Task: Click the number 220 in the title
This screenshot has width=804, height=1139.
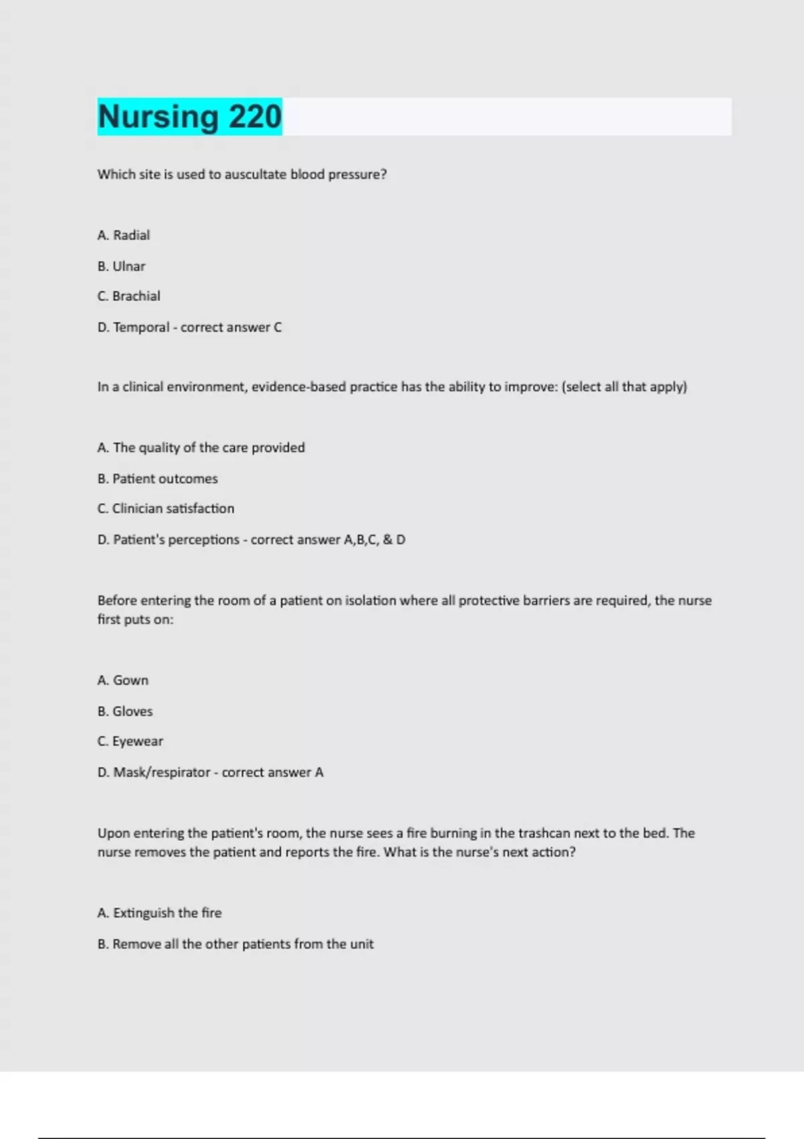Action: [x=255, y=117]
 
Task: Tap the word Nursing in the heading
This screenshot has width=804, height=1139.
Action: [x=158, y=117]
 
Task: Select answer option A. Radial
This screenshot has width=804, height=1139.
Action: [x=124, y=235]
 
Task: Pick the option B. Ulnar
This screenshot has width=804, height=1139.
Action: [x=121, y=266]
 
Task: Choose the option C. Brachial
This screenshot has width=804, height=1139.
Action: [x=129, y=296]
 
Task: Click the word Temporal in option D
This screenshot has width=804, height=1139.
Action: [x=141, y=327]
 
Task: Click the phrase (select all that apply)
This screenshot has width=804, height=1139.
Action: [x=624, y=387]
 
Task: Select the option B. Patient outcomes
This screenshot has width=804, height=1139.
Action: [x=157, y=478]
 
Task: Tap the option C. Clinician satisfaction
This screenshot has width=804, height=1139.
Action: [x=165, y=509]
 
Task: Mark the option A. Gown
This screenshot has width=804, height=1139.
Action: [x=123, y=680]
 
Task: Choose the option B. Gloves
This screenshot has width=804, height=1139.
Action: [x=125, y=711]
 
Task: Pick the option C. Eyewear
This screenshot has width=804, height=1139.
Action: [x=131, y=741]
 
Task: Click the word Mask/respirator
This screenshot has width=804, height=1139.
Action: [x=161, y=772]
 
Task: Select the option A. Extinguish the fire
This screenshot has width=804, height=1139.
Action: [x=159, y=913]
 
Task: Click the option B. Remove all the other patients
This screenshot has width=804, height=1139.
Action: [x=235, y=943]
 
